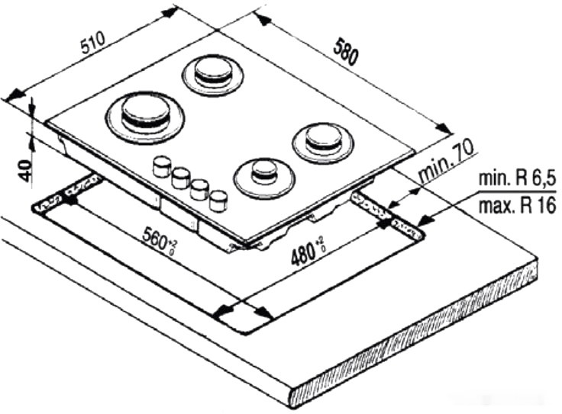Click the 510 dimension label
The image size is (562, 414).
(x=93, y=42)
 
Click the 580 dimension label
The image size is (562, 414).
(x=345, y=53)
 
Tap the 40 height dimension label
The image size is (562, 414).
(x=24, y=171)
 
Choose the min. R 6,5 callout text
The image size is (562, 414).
(x=517, y=178)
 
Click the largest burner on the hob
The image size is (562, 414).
(x=145, y=117)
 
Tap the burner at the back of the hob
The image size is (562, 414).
(x=213, y=75)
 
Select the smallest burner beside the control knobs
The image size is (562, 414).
(x=265, y=178)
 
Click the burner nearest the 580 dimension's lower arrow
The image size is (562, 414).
(x=324, y=143)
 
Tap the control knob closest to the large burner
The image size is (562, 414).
(x=162, y=166)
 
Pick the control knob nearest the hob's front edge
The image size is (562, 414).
(x=218, y=201)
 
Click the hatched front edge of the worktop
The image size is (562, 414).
(x=415, y=340)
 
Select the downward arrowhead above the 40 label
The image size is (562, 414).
(x=32, y=108)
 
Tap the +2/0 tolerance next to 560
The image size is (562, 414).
(x=173, y=247)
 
